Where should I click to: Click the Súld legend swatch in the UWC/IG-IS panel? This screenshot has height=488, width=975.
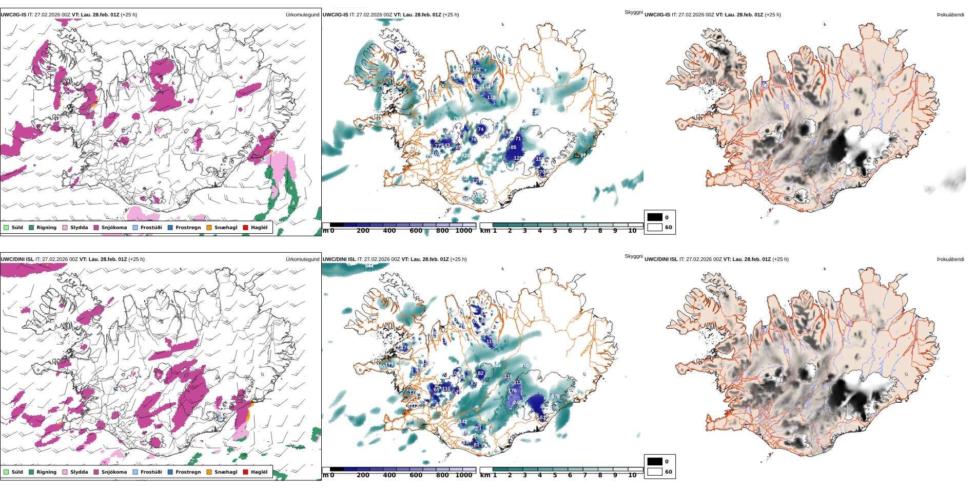point(6,228)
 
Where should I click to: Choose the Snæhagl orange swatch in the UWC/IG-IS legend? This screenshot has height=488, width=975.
point(209,228)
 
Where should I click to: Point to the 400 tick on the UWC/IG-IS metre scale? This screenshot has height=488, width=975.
point(389,231)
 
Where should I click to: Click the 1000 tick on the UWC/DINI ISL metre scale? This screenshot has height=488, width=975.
point(464,475)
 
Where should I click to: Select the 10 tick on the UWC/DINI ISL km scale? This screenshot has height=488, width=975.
point(632,475)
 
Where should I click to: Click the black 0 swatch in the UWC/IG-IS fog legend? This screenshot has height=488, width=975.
point(655,217)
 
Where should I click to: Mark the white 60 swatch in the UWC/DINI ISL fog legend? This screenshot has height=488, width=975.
point(655,472)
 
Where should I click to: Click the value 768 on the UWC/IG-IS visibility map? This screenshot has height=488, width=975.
point(457,119)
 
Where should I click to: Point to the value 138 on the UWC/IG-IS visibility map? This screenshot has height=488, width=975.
point(491,98)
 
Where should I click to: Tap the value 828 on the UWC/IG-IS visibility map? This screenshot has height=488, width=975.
point(465,156)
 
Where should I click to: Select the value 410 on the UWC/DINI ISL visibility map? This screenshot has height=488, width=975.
point(524,366)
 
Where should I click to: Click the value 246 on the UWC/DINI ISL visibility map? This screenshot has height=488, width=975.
point(517,403)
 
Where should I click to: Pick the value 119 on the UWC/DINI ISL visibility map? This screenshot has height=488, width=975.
point(490,341)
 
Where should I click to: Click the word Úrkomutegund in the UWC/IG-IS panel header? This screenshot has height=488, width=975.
point(302,15)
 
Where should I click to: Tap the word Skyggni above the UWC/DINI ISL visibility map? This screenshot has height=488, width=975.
point(633,256)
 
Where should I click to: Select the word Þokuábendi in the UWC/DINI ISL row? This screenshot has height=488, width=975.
point(950,259)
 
